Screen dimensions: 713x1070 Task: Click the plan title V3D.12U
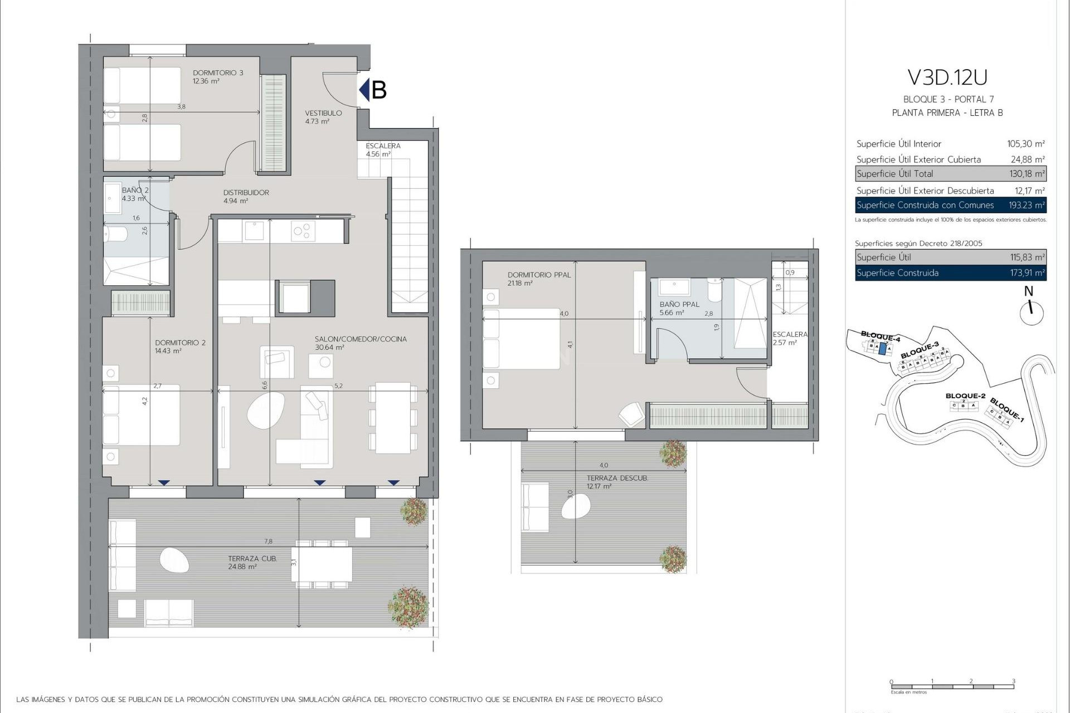coord(947,77)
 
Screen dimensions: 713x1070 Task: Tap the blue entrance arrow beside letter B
coord(364,90)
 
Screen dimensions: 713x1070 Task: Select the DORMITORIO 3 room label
coord(218,73)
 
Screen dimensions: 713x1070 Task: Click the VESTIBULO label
coord(323,113)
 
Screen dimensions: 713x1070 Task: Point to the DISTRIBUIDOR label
coord(246,193)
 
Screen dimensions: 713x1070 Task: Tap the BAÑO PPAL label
coord(679,305)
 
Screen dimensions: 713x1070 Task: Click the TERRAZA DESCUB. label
coord(617,478)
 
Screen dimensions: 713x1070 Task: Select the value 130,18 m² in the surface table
coord(1027,174)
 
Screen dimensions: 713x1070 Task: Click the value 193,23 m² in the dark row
coord(1027,205)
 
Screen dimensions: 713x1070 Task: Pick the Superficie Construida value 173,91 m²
coord(1027,273)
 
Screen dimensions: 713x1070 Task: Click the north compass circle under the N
coord(1032,313)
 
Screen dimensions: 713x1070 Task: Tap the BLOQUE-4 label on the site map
coord(880,336)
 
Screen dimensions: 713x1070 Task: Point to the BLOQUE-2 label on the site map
coord(965,396)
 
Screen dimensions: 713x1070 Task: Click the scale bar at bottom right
coord(952,686)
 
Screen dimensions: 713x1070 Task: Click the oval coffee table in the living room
coord(266,411)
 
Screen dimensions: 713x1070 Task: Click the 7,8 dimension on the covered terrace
coord(269,541)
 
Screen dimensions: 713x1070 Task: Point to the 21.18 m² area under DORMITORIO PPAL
coord(520,284)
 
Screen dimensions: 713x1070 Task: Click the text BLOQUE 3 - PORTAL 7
coord(948,99)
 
